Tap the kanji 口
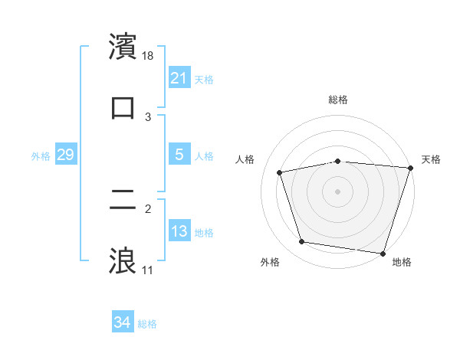coord(123,107)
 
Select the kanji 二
coord(123,201)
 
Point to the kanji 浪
coord(123,260)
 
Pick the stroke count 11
coord(147,270)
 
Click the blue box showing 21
coord(179,77)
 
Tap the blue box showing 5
coord(179,154)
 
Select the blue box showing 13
coord(179,231)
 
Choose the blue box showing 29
coord(65,155)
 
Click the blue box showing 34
coord(122,322)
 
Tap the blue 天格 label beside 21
coord(204,79)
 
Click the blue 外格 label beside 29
coord(41,155)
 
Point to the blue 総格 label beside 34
coord(147,324)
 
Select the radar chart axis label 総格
coord(338,100)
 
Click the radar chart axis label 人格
coord(246,159)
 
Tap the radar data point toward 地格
coord(382,253)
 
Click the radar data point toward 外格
coord(302,242)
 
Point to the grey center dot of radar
coord(338,191)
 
